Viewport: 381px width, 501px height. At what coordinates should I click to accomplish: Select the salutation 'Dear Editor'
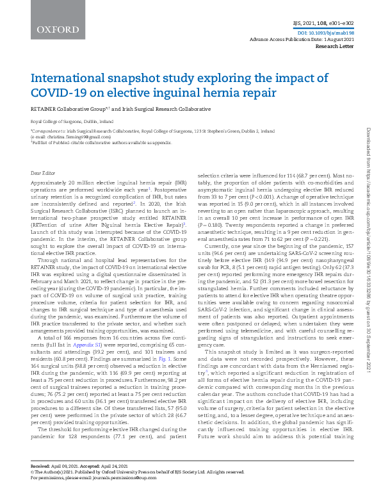[x=44, y=173]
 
